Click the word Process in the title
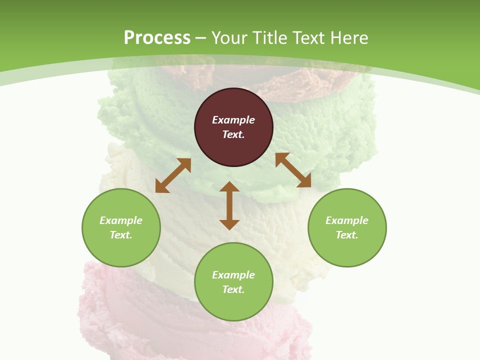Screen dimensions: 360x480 [157, 37]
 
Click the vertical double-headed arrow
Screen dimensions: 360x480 [229, 206]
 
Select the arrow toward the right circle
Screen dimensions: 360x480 [293, 170]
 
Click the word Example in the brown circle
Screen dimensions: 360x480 [233, 120]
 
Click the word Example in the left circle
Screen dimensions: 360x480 [121, 220]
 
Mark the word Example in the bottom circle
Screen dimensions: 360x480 [233, 275]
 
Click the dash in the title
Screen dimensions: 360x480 [201, 38]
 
